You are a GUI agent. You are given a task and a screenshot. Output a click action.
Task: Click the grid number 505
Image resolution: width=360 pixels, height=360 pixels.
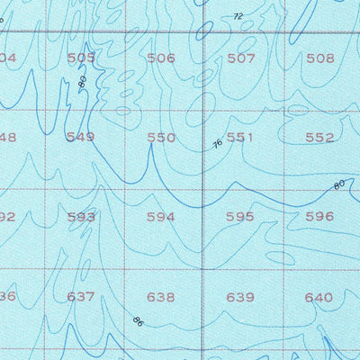pyautogui.click(x=81, y=58)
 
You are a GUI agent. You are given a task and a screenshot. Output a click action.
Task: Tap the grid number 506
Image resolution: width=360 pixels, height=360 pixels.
pyautogui.click(x=161, y=58)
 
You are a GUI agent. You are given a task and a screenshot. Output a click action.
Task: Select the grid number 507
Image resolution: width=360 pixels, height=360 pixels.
pyautogui.click(x=240, y=58)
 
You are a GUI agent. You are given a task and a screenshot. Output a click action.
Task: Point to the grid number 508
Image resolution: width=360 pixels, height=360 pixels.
pyautogui.click(x=319, y=58)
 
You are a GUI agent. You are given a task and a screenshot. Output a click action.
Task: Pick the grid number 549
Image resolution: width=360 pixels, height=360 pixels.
pyautogui.click(x=81, y=138)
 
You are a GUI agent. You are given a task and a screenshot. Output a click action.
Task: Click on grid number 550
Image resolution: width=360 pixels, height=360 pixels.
pyautogui.click(x=161, y=138)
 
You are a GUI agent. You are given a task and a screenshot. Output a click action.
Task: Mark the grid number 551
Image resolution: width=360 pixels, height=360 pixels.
pyautogui.click(x=240, y=138)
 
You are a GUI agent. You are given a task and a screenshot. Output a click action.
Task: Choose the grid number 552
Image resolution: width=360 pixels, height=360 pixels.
pyautogui.click(x=319, y=138)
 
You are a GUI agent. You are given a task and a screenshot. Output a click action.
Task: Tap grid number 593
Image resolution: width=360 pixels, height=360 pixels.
pyautogui.click(x=81, y=217)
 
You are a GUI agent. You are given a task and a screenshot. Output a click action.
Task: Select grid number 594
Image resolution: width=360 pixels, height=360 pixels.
pyautogui.click(x=161, y=217)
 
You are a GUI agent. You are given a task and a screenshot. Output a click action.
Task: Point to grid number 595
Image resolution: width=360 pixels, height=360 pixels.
pyautogui.click(x=240, y=217)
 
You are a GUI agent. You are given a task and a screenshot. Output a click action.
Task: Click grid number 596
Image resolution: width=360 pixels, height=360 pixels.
pyautogui.click(x=319, y=217)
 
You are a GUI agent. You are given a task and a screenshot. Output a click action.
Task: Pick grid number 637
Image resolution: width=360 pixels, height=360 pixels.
pyautogui.click(x=81, y=296)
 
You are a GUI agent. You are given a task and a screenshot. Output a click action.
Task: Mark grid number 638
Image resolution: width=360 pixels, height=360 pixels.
pyautogui.click(x=161, y=296)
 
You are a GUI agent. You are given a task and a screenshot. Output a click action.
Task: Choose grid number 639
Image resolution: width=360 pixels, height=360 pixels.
pyautogui.click(x=240, y=296)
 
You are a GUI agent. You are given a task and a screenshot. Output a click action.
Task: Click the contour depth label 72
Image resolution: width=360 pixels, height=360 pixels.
pyautogui.click(x=238, y=16)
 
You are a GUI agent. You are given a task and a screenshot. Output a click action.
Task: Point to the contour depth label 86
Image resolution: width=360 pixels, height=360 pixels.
pyautogui.click(x=137, y=320)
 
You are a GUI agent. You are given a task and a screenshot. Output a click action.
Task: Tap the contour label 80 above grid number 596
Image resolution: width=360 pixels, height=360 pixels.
pyautogui.click(x=338, y=185)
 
